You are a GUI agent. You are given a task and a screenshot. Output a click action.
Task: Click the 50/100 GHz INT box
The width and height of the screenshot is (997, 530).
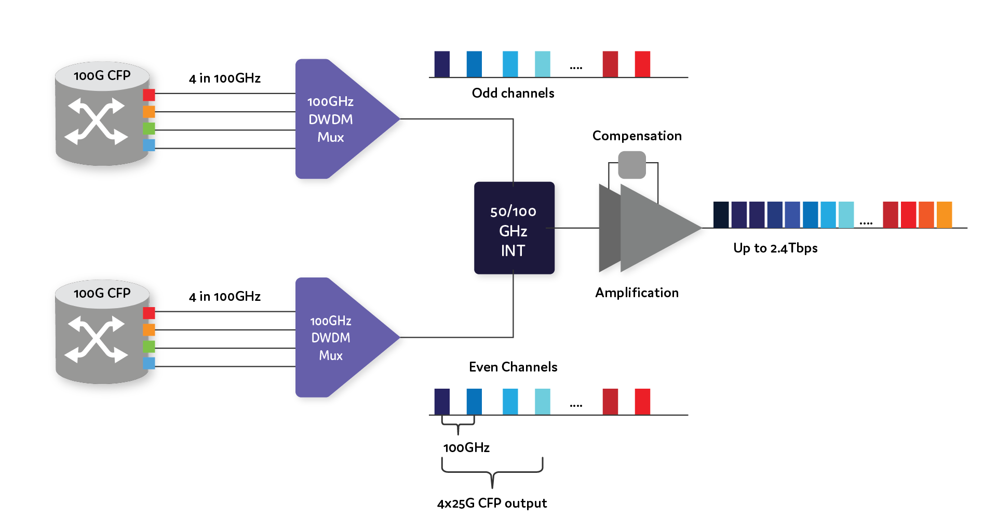pos(514,228)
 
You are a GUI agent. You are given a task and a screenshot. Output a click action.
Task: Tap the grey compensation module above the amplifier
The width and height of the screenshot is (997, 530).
pos(632,165)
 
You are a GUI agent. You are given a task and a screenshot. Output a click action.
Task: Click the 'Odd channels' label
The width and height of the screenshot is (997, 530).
pos(513,93)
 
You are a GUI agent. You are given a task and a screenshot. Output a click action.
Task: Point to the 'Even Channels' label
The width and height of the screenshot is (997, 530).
pos(513,367)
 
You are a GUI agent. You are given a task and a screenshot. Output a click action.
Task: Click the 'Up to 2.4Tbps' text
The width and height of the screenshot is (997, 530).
pos(775,248)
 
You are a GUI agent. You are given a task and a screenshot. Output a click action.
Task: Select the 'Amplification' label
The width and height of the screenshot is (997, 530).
pos(637,293)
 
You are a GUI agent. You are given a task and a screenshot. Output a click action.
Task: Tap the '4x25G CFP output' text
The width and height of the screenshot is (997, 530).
pos(492,503)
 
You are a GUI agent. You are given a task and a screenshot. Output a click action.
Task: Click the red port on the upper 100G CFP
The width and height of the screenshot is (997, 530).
pos(149,95)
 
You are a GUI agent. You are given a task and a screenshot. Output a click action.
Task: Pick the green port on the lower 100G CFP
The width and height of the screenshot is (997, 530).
pos(149,346)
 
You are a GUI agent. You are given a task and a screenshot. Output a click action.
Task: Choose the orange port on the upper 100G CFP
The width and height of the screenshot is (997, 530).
pos(149,112)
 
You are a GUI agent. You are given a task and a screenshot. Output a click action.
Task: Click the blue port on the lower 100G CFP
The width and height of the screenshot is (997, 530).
pos(149,363)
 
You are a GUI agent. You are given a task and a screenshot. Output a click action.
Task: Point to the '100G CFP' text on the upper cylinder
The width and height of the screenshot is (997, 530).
pos(102,76)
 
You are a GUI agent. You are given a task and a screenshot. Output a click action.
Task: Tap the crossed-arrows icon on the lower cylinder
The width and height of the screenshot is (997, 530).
pos(96,339)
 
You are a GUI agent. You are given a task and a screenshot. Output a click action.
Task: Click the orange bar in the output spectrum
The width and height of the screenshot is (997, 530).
pos(944,215)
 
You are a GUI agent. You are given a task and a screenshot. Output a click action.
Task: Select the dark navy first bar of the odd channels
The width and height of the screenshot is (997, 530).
pos(442,64)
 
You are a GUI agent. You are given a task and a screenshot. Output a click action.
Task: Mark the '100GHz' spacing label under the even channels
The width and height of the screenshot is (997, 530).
pos(466,447)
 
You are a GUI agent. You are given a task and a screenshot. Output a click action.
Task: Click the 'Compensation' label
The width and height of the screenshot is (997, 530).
pos(637,136)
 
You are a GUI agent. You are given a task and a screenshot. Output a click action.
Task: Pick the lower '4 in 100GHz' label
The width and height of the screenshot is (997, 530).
pos(224,297)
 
